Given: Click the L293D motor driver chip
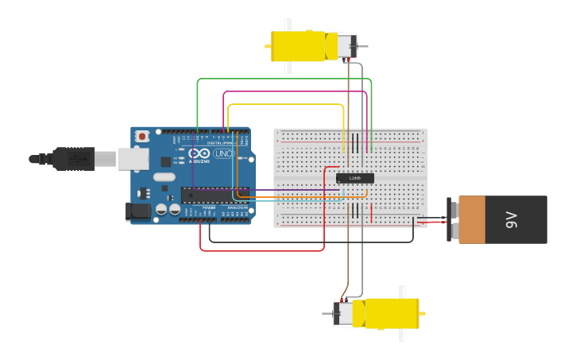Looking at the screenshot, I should point(354,178).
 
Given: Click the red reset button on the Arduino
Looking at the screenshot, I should point(142,137).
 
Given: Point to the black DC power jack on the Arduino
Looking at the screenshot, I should point(137,211).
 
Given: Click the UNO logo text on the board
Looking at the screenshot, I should point(223,154).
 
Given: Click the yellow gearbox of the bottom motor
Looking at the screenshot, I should point(391,313).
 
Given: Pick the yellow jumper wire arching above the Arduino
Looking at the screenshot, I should point(286,104).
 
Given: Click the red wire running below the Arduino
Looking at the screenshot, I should point(262,251).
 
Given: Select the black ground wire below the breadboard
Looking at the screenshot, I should point(310,241).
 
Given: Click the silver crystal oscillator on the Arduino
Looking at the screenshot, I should point(164,176).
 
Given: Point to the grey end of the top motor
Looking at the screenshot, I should point(346,45).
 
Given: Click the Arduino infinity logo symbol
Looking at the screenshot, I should point(199,153).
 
